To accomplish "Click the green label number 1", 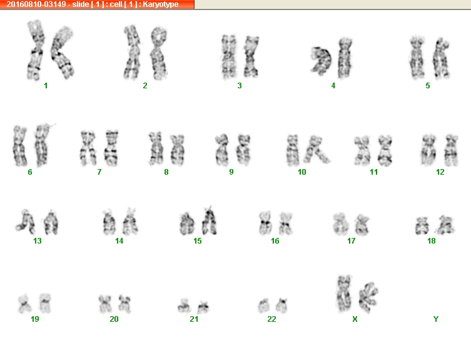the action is (x=46, y=86).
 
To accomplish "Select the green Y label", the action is (x=436, y=319).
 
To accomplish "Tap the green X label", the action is (x=355, y=319).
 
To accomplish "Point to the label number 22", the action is (x=271, y=319).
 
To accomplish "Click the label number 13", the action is (x=38, y=241).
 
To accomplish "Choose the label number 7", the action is (x=99, y=172).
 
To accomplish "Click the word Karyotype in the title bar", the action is (x=161, y=4).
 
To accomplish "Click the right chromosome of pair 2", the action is (x=159, y=54).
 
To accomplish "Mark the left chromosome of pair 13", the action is (x=26, y=222).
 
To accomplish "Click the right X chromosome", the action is (x=368, y=297).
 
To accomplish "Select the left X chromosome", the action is (x=344, y=294).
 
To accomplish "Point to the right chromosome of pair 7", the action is (x=111, y=148).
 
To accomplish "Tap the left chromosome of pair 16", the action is (x=265, y=223).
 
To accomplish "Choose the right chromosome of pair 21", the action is (x=203, y=307).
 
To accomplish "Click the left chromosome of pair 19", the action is (x=24, y=304).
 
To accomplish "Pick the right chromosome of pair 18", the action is (x=445, y=225).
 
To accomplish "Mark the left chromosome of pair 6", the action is (x=20, y=146).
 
